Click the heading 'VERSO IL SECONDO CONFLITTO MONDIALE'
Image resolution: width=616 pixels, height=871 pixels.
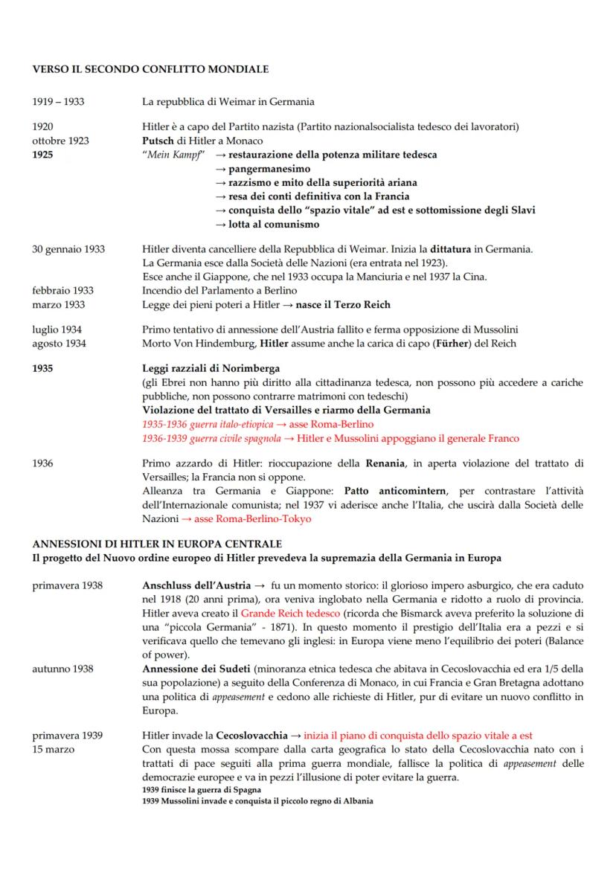(x=150, y=69)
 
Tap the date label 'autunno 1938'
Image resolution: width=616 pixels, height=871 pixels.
(x=62, y=669)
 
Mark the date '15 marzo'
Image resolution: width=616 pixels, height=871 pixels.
(x=54, y=749)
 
